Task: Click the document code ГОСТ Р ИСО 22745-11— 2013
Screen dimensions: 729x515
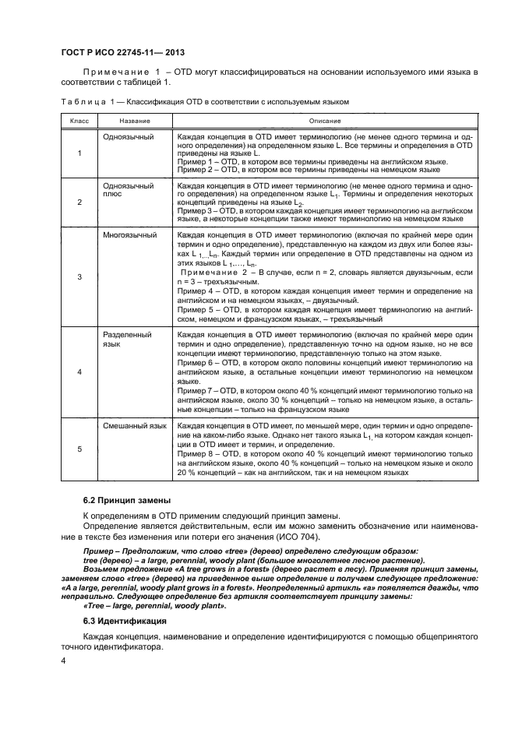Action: point(112,52)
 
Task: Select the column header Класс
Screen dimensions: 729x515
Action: point(79,120)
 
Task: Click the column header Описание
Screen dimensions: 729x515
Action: point(324,120)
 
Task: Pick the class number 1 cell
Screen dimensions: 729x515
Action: point(79,153)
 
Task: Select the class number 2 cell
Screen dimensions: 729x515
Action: point(79,202)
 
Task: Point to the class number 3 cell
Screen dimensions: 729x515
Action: point(79,276)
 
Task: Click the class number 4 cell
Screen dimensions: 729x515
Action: point(79,372)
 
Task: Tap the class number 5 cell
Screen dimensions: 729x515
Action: point(79,450)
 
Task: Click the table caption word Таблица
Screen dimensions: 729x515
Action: point(80,102)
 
